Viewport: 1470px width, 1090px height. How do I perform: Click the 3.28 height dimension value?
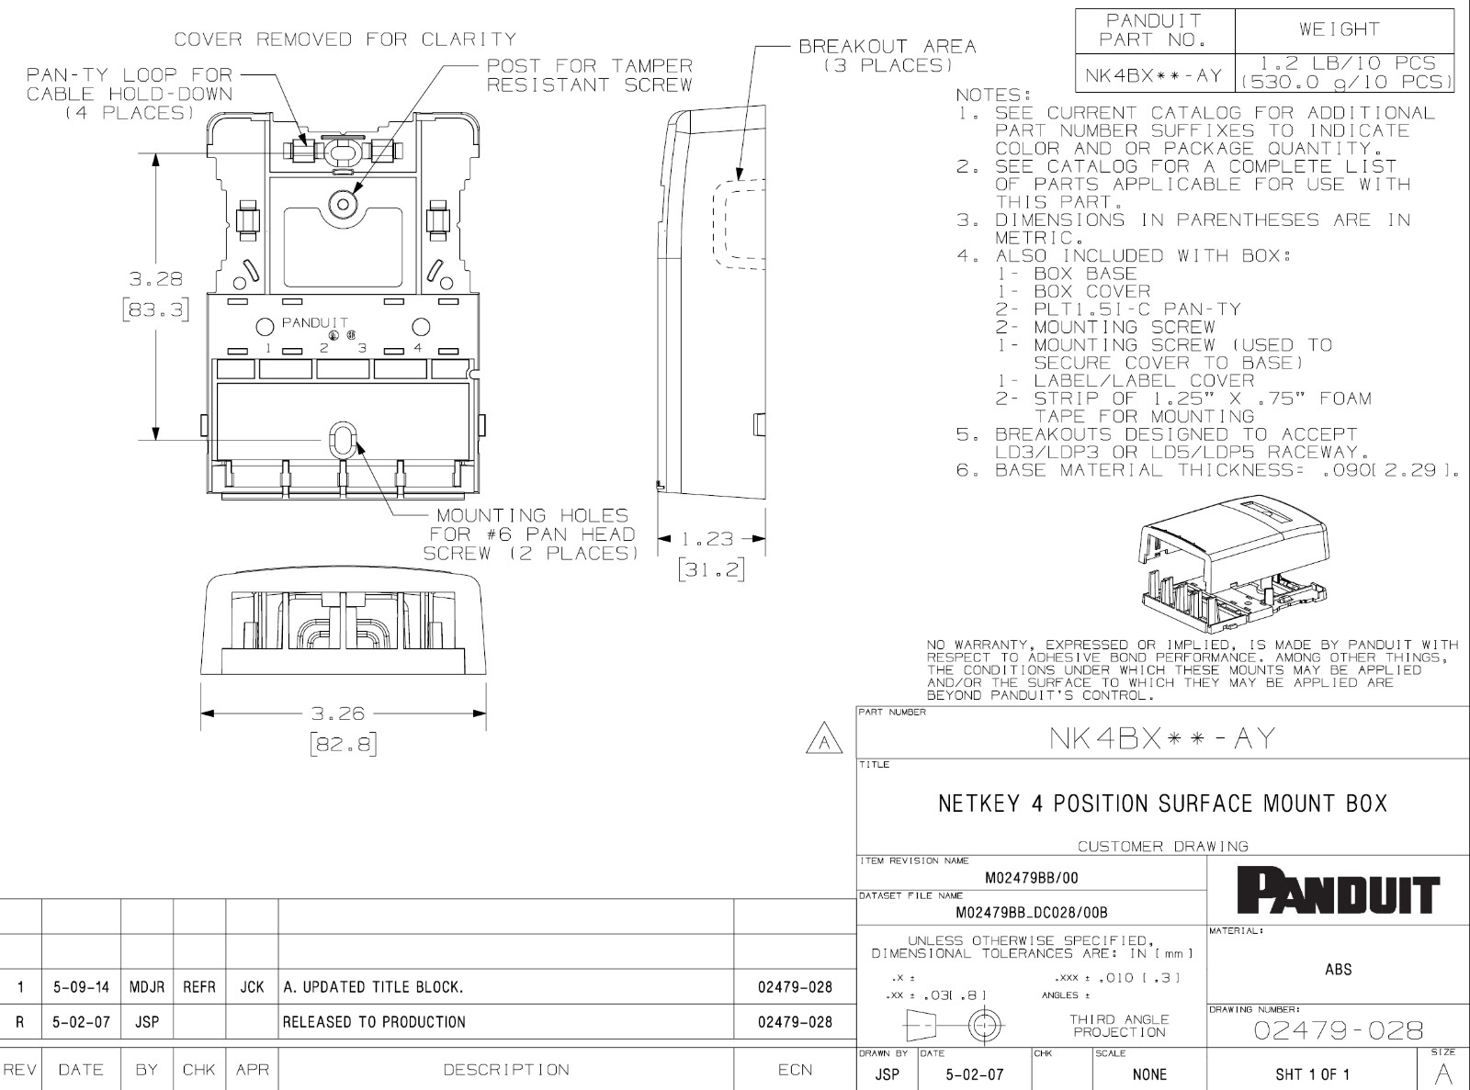(x=156, y=278)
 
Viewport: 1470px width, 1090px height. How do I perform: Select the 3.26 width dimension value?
(x=338, y=714)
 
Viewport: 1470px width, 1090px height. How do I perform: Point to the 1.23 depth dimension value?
(x=707, y=539)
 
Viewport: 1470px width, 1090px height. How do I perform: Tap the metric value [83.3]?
(x=156, y=309)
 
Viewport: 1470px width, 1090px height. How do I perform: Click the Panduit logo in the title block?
(x=1338, y=893)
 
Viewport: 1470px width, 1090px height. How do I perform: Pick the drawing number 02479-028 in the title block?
(x=1338, y=1030)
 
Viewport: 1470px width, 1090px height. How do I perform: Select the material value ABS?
(x=1338, y=970)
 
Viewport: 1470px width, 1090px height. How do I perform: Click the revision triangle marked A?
(x=824, y=741)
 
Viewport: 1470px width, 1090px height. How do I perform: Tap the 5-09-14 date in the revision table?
(x=81, y=987)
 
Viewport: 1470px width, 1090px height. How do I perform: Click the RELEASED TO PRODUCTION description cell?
(x=374, y=1022)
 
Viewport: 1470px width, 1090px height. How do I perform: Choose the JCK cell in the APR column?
(x=252, y=987)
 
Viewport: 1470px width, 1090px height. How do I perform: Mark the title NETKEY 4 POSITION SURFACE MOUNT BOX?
(x=1162, y=803)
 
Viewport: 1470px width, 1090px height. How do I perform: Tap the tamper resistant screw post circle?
(x=343, y=204)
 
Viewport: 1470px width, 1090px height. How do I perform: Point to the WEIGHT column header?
(x=1340, y=29)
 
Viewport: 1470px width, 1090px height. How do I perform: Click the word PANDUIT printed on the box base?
(x=315, y=322)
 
